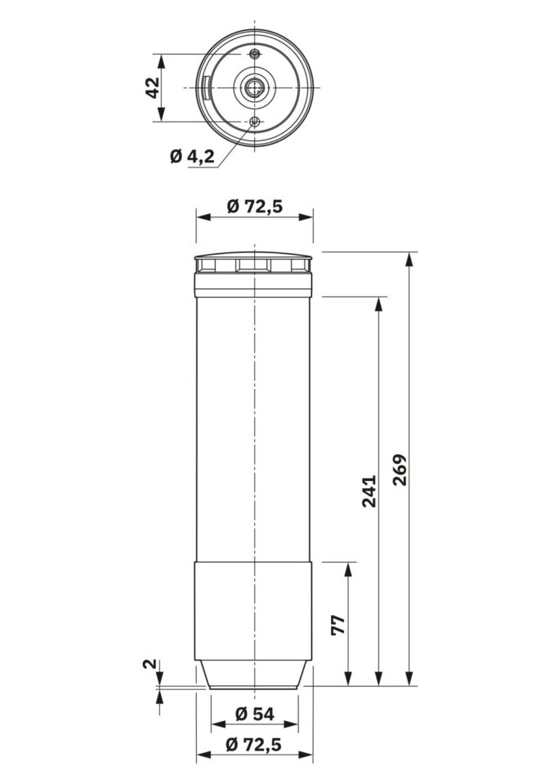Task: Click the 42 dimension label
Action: click(154, 87)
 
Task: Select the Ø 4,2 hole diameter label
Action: click(193, 157)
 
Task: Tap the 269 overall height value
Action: click(400, 470)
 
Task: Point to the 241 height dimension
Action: click(369, 491)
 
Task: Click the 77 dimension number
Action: click(339, 625)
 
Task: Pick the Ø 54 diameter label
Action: click(255, 714)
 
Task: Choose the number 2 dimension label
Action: click(150, 664)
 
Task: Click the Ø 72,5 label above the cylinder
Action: click(255, 206)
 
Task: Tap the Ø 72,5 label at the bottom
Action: click(254, 745)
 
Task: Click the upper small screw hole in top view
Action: click(255, 54)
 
